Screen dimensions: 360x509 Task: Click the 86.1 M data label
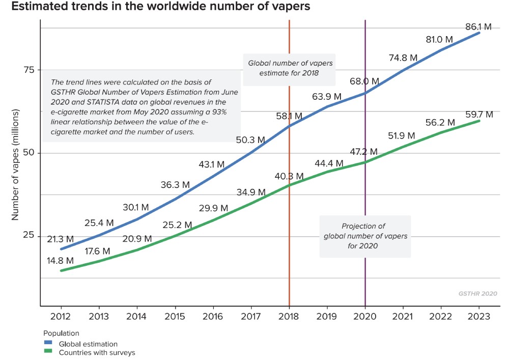pos(479,26)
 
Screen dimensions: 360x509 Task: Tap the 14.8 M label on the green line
pos(61,261)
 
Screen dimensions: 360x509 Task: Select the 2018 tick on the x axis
pos(289,316)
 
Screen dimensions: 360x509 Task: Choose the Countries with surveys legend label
pos(97,352)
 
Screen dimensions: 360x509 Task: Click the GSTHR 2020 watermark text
pos(477,294)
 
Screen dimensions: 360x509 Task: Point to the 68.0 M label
pos(364,81)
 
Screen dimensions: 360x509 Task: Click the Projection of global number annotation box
pos(365,236)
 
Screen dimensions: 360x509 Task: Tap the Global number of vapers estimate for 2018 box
pos(289,68)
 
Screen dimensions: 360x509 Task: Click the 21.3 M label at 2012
pos(61,239)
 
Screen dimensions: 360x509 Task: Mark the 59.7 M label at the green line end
pos(479,115)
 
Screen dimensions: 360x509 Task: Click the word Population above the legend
pos(61,334)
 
